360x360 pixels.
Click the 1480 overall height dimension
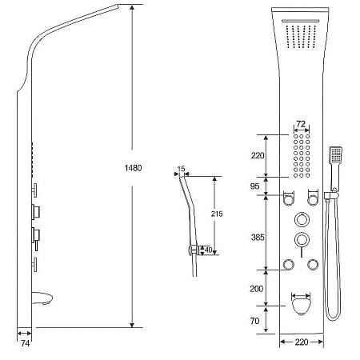133,168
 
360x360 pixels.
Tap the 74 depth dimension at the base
25,343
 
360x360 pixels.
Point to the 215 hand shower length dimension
217,214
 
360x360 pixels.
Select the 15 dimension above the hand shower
181,169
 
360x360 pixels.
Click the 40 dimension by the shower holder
208,250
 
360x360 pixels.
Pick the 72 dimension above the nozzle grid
301,124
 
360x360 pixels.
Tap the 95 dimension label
254,186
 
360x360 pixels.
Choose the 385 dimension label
258,237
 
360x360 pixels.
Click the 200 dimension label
257,289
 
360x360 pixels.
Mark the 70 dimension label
254,321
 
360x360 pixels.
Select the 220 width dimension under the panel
302,342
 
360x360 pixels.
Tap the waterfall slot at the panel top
301,21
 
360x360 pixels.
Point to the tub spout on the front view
302,306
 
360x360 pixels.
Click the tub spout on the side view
42,298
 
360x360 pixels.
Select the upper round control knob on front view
302,220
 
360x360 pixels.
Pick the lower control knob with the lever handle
302,241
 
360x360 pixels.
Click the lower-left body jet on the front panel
289,265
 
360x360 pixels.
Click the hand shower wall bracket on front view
331,194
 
